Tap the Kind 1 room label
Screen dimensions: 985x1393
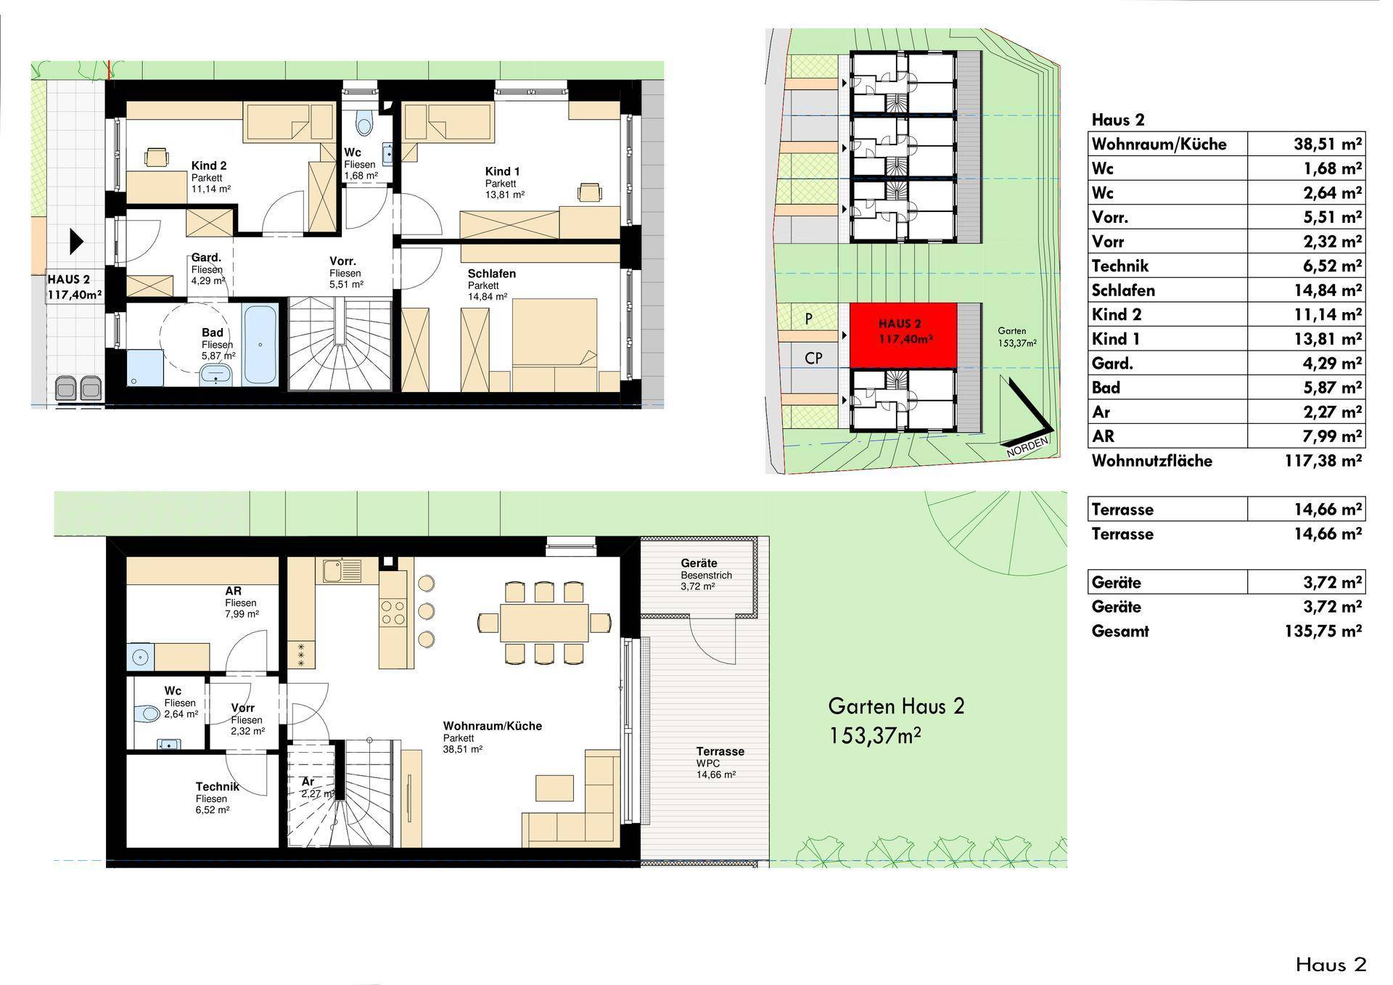tap(503, 172)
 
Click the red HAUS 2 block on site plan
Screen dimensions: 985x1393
tap(903, 336)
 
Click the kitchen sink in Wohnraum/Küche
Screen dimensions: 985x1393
tap(338, 570)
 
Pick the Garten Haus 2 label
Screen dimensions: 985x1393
tap(896, 706)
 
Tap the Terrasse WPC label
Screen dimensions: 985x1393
tap(720, 752)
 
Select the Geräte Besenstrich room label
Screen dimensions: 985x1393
tap(699, 564)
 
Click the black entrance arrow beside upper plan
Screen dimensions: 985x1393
tap(76, 241)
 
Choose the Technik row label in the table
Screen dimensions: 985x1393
tap(1119, 266)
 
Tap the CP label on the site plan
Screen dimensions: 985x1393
tap(813, 359)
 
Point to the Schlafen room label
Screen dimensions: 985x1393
tap(491, 274)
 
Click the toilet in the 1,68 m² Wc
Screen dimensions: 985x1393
tap(364, 123)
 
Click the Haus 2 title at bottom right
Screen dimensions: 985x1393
tap(1331, 965)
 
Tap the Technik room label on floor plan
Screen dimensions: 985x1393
tap(216, 787)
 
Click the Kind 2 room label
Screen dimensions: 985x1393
tap(209, 166)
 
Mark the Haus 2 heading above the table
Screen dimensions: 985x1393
tap(1117, 120)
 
